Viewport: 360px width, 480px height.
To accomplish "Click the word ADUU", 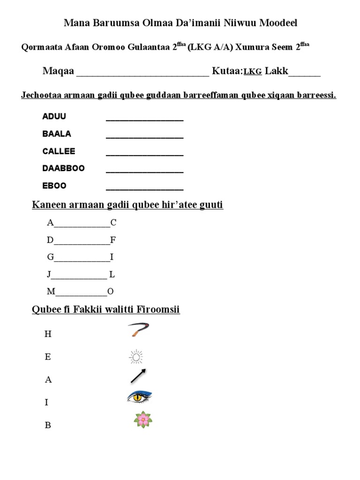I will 54,116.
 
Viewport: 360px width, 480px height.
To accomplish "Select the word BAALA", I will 57,134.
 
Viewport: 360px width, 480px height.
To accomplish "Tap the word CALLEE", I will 59,151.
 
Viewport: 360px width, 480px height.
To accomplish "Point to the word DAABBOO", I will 63,168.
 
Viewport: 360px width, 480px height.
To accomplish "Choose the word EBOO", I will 54,186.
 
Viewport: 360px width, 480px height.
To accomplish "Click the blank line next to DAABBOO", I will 144,172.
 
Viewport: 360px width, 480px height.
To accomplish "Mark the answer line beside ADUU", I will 144,120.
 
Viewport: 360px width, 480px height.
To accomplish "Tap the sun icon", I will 136,358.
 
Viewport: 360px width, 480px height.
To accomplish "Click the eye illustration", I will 139,397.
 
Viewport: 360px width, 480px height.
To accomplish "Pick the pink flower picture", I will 143,419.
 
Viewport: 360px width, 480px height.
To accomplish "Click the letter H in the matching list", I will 48,334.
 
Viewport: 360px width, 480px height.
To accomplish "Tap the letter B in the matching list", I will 48,426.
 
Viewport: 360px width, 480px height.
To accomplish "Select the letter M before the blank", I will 51,292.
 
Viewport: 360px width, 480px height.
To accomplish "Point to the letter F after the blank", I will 112,240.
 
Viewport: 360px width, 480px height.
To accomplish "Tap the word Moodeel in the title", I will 277,22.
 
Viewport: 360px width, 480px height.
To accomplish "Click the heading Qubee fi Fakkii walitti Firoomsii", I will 105,310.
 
